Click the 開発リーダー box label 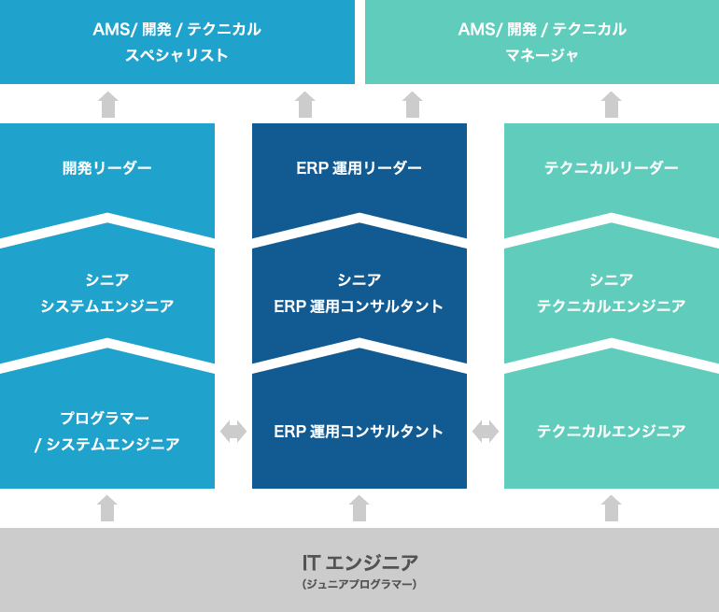pos(107,168)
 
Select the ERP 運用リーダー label pos(359,168)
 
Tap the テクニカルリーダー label pos(612,168)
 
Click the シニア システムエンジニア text pos(107,292)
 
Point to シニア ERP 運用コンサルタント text pos(359,292)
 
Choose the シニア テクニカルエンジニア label pos(612,292)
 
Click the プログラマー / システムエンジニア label pos(107,431)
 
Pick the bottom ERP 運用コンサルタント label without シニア pos(359,431)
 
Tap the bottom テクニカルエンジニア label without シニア pos(612,431)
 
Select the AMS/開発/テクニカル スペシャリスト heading pos(177,42)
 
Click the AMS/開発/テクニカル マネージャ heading pos(542,42)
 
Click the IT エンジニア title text pos(359,562)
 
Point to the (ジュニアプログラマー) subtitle pos(359,585)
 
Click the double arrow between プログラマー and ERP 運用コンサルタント pos(233,431)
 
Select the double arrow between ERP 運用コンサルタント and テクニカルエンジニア pos(486,431)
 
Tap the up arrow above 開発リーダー pos(108,104)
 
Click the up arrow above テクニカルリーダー pos(612,104)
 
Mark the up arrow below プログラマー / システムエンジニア pos(107,508)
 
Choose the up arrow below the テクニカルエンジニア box pos(612,508)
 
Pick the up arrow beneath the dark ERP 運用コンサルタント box pos(359,508)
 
